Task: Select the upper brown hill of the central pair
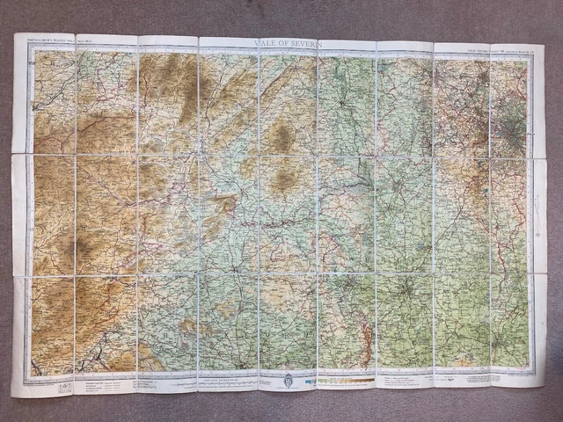coord(281,136)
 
